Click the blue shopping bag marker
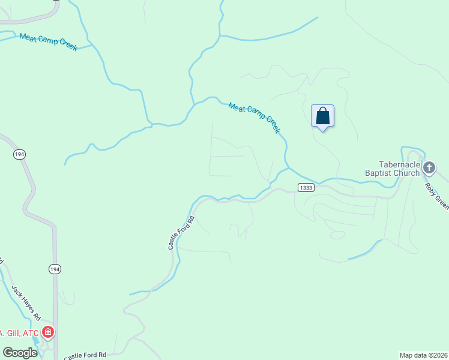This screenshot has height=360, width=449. coord(322,116)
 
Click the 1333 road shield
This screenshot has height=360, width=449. coord(305,188)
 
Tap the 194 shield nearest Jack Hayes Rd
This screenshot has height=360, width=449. coord(55,269)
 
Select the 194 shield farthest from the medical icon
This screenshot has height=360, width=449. coord(19,154)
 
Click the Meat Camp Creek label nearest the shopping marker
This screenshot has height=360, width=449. coord(255,118)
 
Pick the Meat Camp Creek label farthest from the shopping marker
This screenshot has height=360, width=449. coord(48,41)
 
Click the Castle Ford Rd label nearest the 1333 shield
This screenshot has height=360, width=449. coord(182,232)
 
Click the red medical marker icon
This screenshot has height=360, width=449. coord(48,332)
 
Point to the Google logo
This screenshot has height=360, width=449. coord(19,353)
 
